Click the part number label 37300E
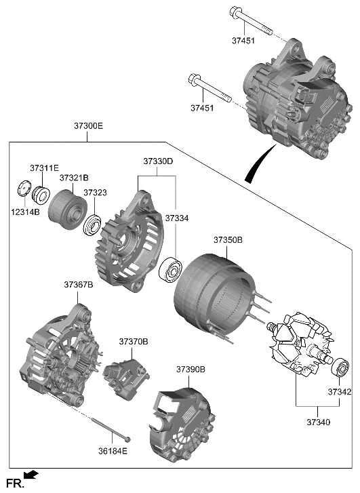(88, 126)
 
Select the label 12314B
(25, 212)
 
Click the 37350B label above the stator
(228, 240)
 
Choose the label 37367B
(79, 284)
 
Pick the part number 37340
(318, 422)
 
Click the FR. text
(13, 483)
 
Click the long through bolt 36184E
(102, 425)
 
